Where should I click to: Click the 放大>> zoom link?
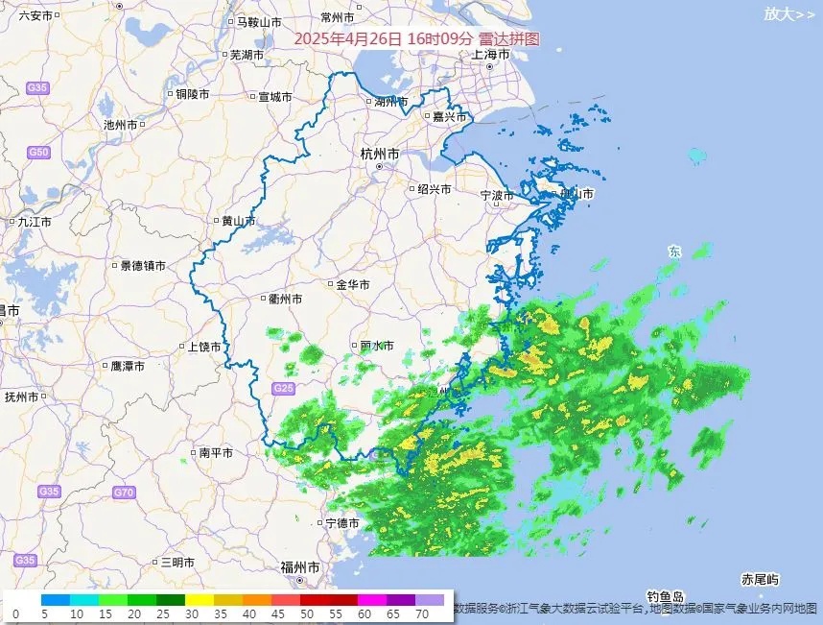[x=789, y=13]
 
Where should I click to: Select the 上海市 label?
[x=490, y=55]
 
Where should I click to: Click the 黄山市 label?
[x=239, y=221]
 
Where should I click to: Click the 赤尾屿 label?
[x=760, y=579]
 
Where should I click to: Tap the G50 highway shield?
[x=38, y=153]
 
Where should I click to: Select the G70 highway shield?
[x=123, y=493]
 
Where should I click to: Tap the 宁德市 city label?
[x=341, y=523]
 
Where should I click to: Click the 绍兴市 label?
[x=434, y=189]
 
